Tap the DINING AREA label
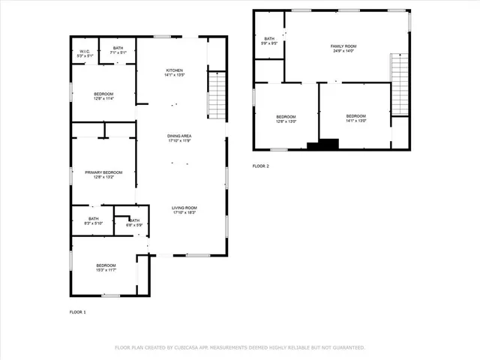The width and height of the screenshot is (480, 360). pos(179,136)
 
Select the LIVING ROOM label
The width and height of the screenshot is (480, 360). pos(184,208)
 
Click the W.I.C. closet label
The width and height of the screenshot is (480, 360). pos(85,52)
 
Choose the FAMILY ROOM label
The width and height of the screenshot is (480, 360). pos(343,46)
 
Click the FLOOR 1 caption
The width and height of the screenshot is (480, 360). pos(78,311)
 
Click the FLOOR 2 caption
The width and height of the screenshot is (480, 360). pos(260,165)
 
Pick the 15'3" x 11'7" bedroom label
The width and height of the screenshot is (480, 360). pos(106,266)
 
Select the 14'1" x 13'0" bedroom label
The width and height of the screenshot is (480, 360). pos(355,116)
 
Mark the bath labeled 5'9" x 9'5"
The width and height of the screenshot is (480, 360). pos(268,39)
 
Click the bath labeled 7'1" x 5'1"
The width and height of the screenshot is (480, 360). pos(118,49)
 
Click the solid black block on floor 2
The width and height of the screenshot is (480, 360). pos(328,145)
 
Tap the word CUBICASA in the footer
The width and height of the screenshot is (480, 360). pos(187,347)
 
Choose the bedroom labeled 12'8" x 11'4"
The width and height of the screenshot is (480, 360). pos(103,95)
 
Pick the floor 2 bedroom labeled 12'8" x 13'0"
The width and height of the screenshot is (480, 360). pos(286,117)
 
